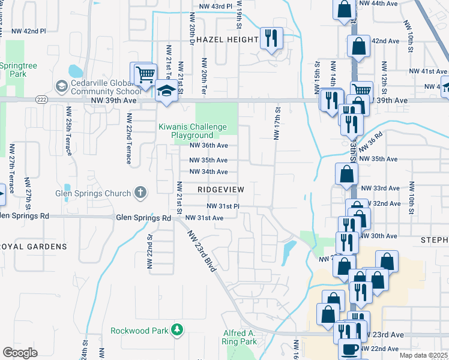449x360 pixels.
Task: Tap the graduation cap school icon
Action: [165, 92]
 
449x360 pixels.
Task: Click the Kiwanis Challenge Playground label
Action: [192, 131]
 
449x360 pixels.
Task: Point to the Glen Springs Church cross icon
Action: [140, 193]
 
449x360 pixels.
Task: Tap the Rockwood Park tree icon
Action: [176, 330]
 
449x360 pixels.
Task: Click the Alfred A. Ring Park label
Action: [240, 337]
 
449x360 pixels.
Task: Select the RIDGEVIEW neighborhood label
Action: [221, 189]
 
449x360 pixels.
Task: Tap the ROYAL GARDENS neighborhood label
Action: [34, 247]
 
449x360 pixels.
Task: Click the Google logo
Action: [20, 353]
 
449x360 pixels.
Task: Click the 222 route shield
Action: [41, 99]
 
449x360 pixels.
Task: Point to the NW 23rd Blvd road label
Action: [201, 251]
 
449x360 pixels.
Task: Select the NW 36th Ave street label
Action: [208, 145]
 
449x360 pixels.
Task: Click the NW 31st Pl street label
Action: [223, 206]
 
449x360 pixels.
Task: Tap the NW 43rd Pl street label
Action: [215, 6]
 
